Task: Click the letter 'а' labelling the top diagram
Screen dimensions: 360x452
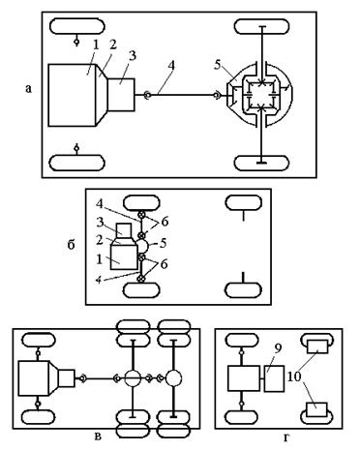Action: click(x=29, y=89)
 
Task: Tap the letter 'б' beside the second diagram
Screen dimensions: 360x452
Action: click(x=71, y=245)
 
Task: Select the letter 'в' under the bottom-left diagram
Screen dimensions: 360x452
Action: click(x=98, y=437)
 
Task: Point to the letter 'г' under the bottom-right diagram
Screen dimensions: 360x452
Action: click(x=286, y=437)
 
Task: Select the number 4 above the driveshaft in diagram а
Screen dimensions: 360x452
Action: click(x=171, y=66)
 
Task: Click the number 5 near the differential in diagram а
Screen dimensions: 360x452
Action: click(x=217, y=65)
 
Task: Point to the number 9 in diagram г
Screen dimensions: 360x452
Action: click(x=278, y=348)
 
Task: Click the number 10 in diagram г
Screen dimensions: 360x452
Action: click(x=293, y=376)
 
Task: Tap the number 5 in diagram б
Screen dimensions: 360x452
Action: click(x=164, y=243)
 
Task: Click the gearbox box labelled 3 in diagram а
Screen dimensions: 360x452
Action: click(x=121, y=95)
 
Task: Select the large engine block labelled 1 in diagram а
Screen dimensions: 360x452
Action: click(x=73, y=95)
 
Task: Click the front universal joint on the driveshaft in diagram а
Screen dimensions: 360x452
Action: click(x=147, y=95)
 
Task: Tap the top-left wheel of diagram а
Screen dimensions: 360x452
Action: click(x=77, y=26)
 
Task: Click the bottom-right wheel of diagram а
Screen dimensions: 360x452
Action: click(x=261, y=164)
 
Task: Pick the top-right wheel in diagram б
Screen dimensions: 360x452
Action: click(x=244, y=203)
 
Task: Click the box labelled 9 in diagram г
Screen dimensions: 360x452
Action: click(x=274, y=378)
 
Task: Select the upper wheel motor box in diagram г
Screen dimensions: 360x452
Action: click(x=317, y=347)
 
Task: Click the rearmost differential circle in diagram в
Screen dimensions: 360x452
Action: click(x=174, y=378)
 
